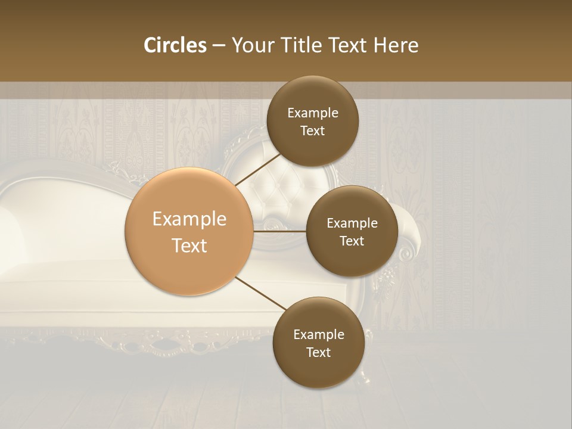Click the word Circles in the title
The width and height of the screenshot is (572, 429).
pyautogui.click(x=175, y=45)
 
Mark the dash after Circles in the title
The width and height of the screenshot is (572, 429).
pyautogui.click(x=219, y=46)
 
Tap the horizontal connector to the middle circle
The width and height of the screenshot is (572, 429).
pyautogui.click(x=280, y=231)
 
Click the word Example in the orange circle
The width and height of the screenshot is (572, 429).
pyautogui.click(x=189, y=219)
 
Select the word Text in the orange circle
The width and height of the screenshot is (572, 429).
pyautogui.click(x=189, y=245)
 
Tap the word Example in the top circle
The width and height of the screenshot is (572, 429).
pyautogui.click(x=313, y=113)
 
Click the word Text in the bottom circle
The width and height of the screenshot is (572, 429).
pyautogui.click(x=318, y=352)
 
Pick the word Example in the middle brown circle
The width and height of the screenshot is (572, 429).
pyautogui.click(x=352, y=223)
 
